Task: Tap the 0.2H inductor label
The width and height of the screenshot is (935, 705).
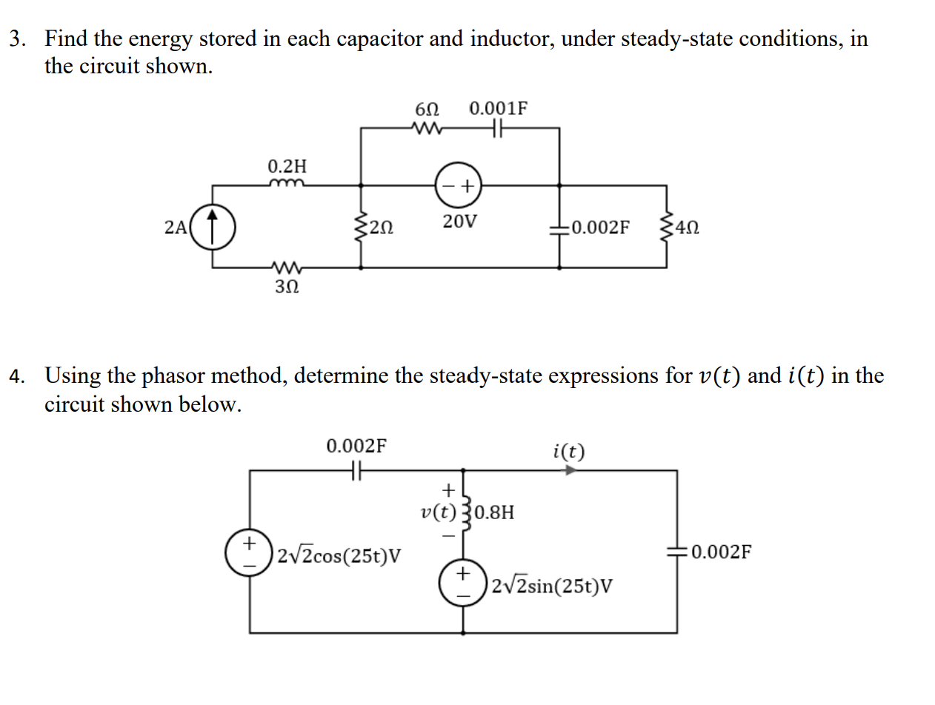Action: pos(285,164)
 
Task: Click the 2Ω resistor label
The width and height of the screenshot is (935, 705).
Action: pos(382,227)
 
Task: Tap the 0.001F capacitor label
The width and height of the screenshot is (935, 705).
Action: pos(499,108)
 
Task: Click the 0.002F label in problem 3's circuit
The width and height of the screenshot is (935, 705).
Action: pos(601,227)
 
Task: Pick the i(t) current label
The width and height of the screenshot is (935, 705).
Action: pos(568,450)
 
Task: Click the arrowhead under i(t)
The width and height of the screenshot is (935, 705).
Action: pos(570,470)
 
